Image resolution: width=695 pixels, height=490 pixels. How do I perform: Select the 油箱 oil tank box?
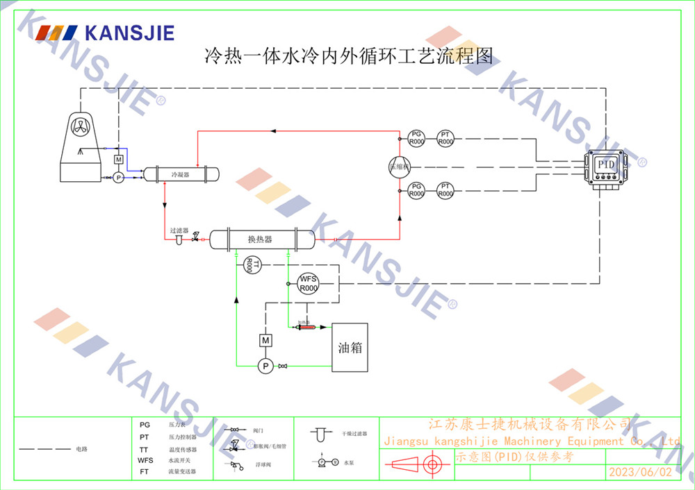350,347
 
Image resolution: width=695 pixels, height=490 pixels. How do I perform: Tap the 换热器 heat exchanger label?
260,239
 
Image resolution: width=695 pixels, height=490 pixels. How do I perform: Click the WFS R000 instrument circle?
308,283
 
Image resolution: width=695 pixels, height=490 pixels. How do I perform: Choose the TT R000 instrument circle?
253,264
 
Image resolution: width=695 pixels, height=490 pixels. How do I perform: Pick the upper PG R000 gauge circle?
416,138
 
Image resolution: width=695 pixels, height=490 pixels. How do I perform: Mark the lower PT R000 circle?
445,190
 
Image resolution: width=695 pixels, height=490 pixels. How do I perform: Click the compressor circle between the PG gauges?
400,166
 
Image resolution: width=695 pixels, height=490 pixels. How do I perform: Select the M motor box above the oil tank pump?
264,340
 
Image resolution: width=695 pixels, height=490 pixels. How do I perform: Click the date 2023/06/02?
641,472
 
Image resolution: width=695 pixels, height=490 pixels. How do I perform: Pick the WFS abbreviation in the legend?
145,460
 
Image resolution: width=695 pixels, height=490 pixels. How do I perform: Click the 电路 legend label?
81,449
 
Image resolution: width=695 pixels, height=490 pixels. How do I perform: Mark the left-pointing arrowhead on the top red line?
273,130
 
